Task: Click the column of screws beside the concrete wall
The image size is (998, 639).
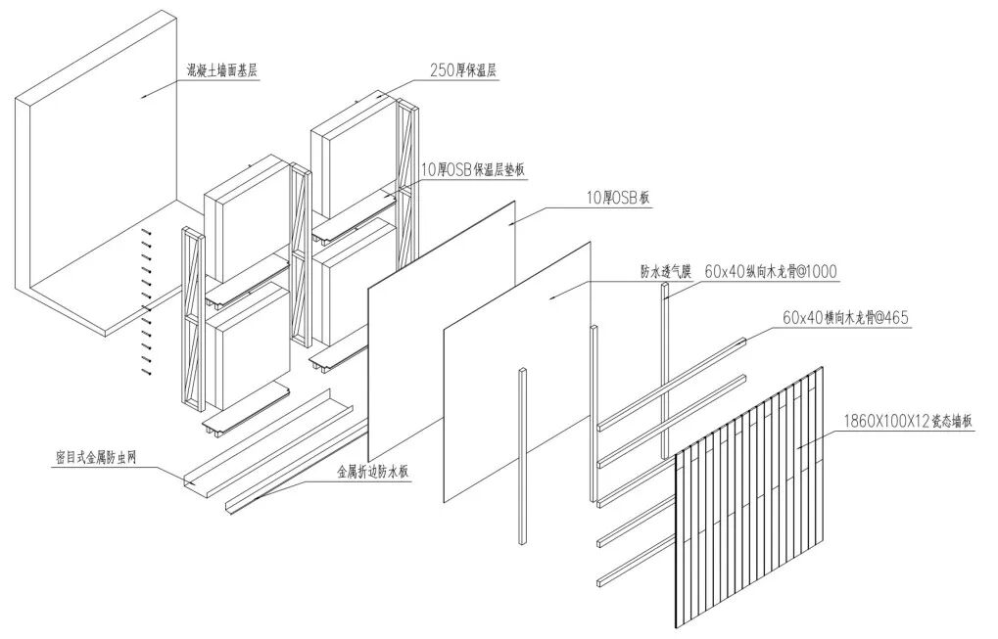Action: (x=147, y=303)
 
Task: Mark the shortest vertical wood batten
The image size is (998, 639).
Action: (x=522, y=455)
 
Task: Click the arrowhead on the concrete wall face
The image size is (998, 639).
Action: (x=143, y=95)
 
